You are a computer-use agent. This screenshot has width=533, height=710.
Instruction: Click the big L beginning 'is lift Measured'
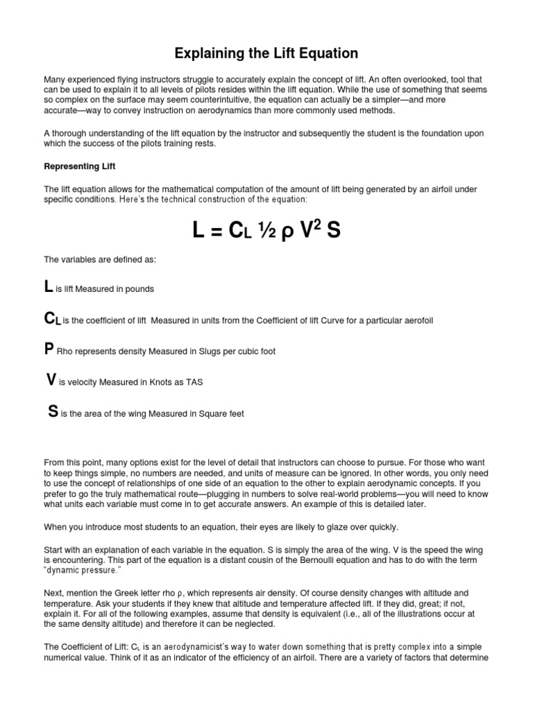pyautogui.click(x=48, y=287)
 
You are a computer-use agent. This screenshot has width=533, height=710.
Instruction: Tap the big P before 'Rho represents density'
pyautogui.click(x=49, y=350)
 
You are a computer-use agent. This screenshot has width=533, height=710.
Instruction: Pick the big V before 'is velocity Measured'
pyautogui.click(x=51, y=380)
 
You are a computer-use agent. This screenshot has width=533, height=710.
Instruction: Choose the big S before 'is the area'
pyautogui.click(x=53, y=411)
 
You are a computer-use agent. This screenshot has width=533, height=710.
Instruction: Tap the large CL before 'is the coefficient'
pyautogui.click(x=52, y=319)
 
